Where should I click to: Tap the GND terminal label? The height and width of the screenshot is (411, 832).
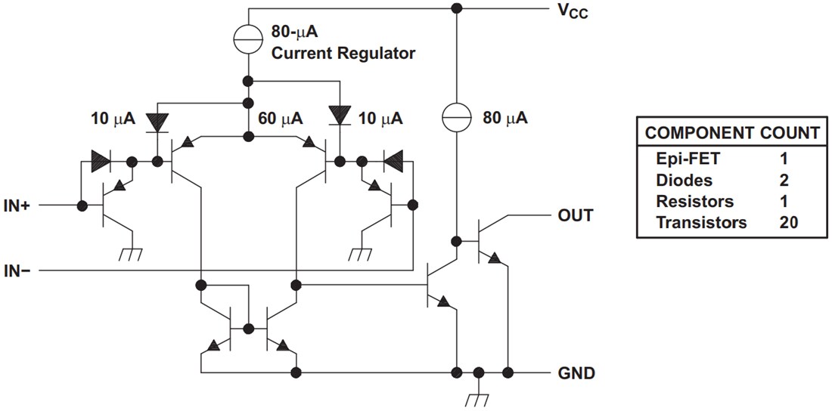pyautogui.click(x=576, y=373)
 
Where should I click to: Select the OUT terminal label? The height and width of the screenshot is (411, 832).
pyautogui.click(x=576, y=215)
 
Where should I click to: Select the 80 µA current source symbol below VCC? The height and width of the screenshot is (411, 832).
pyautogui.click(x=456, y=119)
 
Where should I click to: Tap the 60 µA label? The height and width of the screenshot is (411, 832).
pyautogui.click(x=280, y=119)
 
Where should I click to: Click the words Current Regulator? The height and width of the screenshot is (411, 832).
pyautogui.click(x=343, y=54)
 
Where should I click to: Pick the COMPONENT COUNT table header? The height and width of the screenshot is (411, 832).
pyautogui.click(x=731, y=134)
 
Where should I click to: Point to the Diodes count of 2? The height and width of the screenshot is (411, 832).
pyautogui.click(x=784, y=181)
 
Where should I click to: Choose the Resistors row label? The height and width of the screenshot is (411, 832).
pyautogui.click(x=694, y=202)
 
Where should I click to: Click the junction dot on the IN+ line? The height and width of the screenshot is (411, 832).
pyautogui.click(x=79, y=205)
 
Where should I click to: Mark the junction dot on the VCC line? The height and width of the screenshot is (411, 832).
pyautogui.click(x=456, y=9)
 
